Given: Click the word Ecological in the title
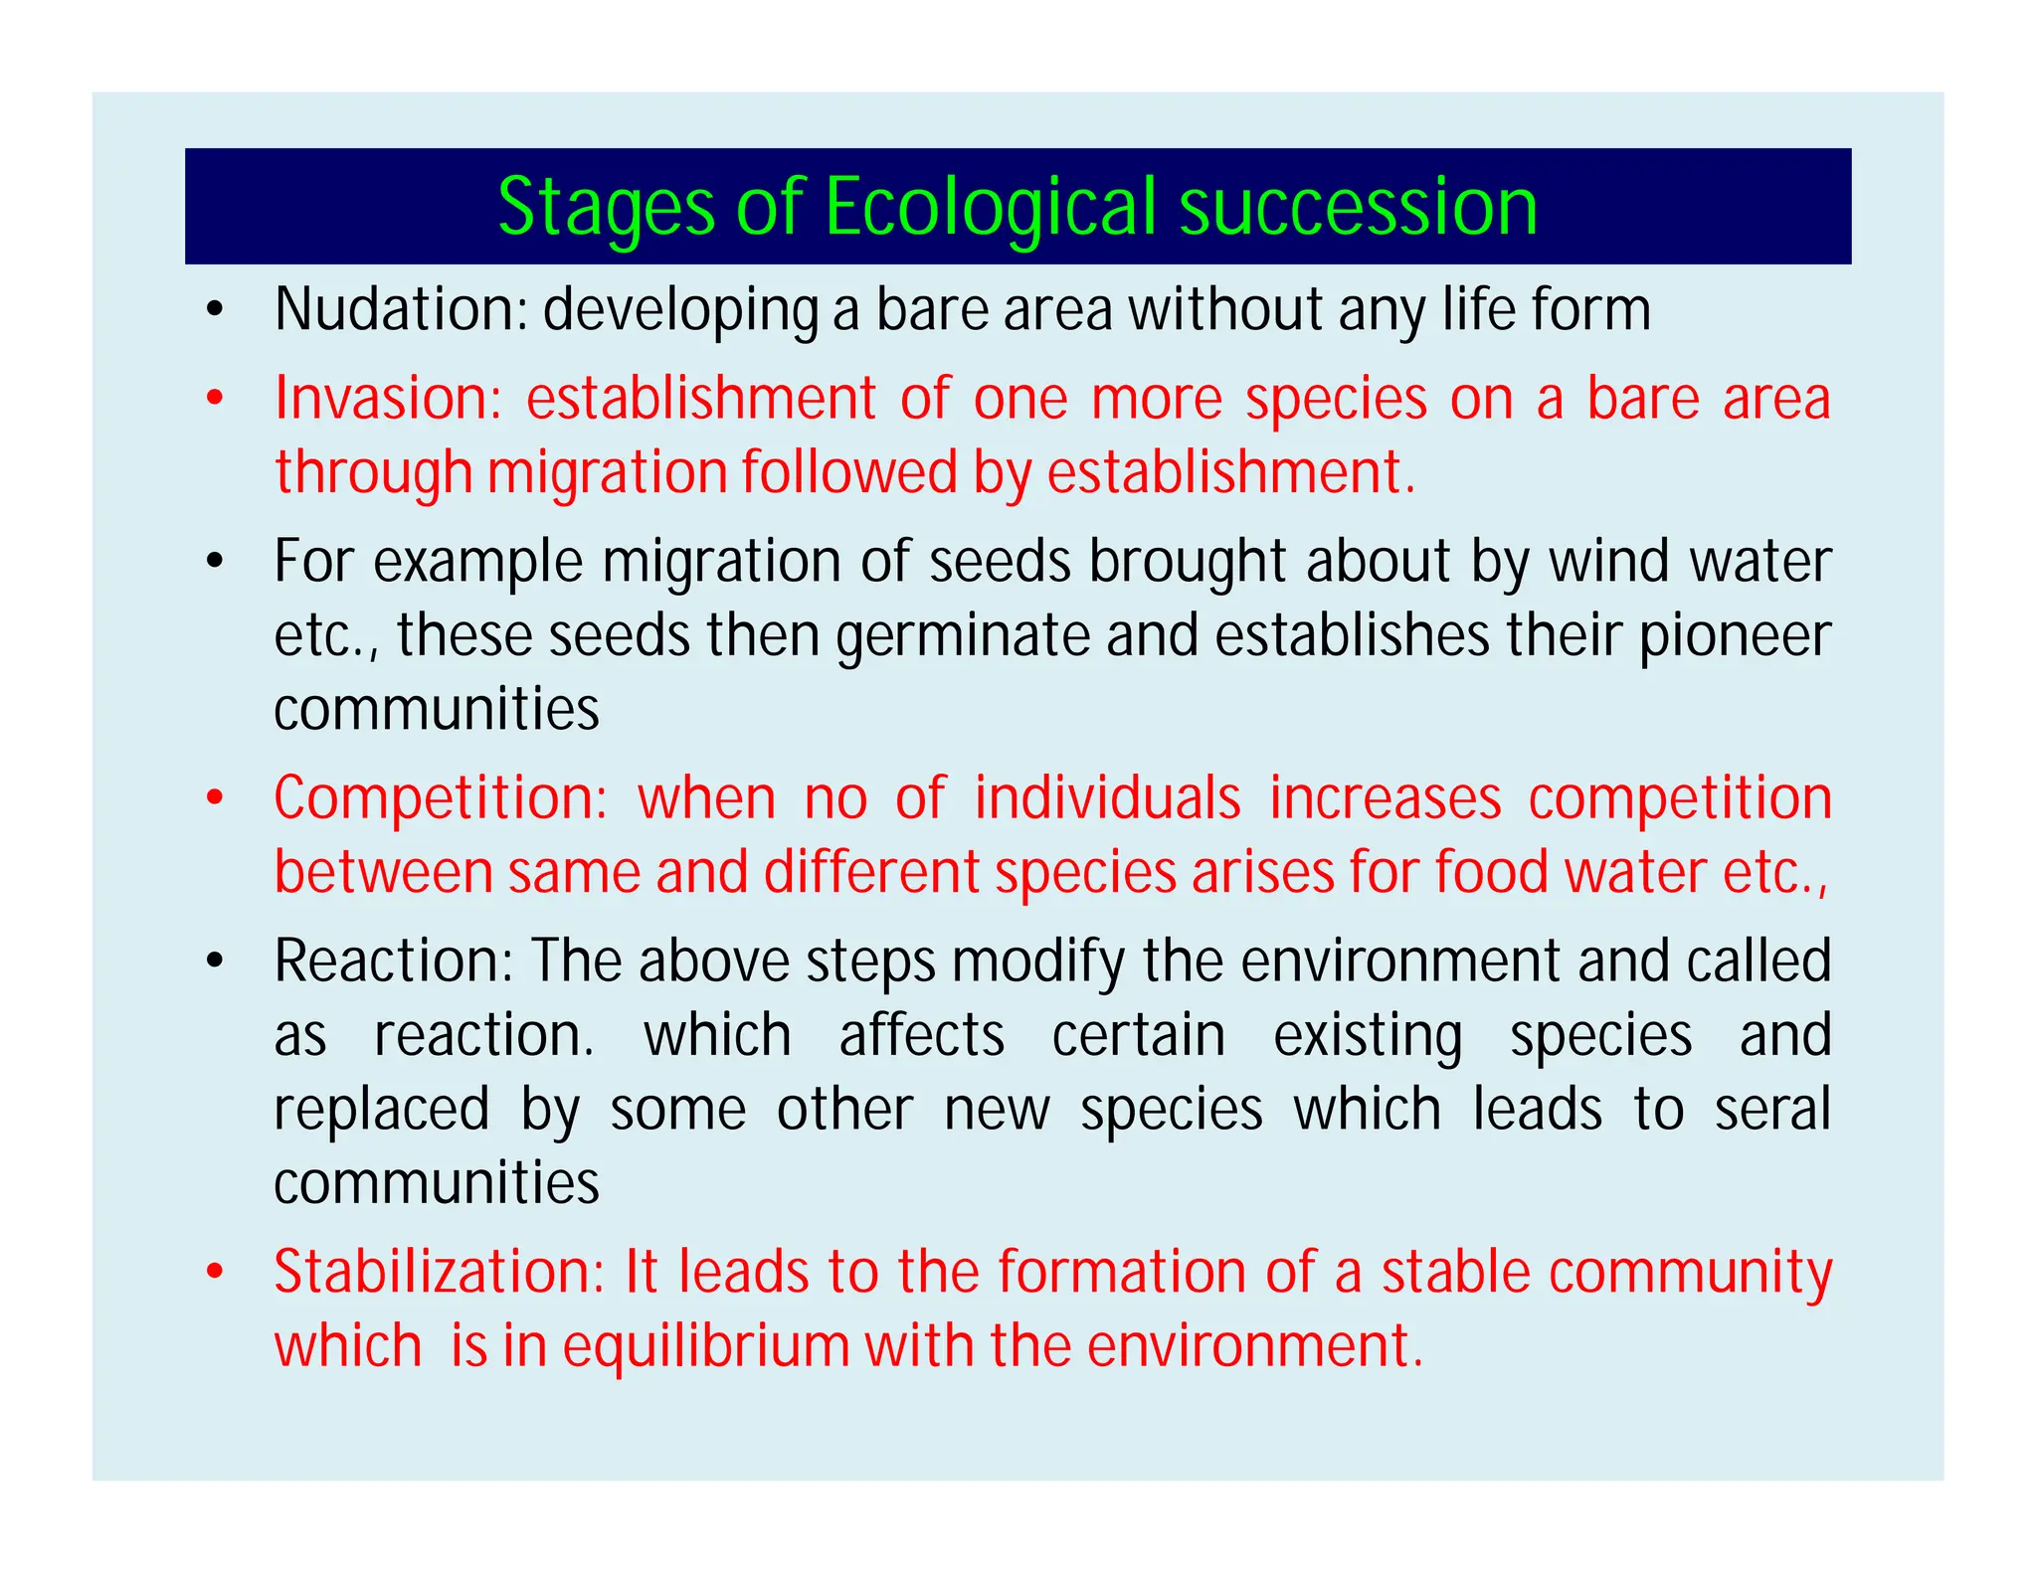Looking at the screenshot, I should click(x=991, y=208).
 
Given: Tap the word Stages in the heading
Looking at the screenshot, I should click(x=606, y=208).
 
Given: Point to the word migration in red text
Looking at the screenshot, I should click(x=606, y=473).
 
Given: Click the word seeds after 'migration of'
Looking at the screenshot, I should click(x=1000, y=562).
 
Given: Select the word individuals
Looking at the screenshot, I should click(x=1107, y=798).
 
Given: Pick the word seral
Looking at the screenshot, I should click(x=1772, y=1110).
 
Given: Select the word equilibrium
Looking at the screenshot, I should click(x=706, y=1346).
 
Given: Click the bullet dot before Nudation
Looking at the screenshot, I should click(x=214, y=311).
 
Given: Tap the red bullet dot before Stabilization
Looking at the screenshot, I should click(x=214, y=1274).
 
